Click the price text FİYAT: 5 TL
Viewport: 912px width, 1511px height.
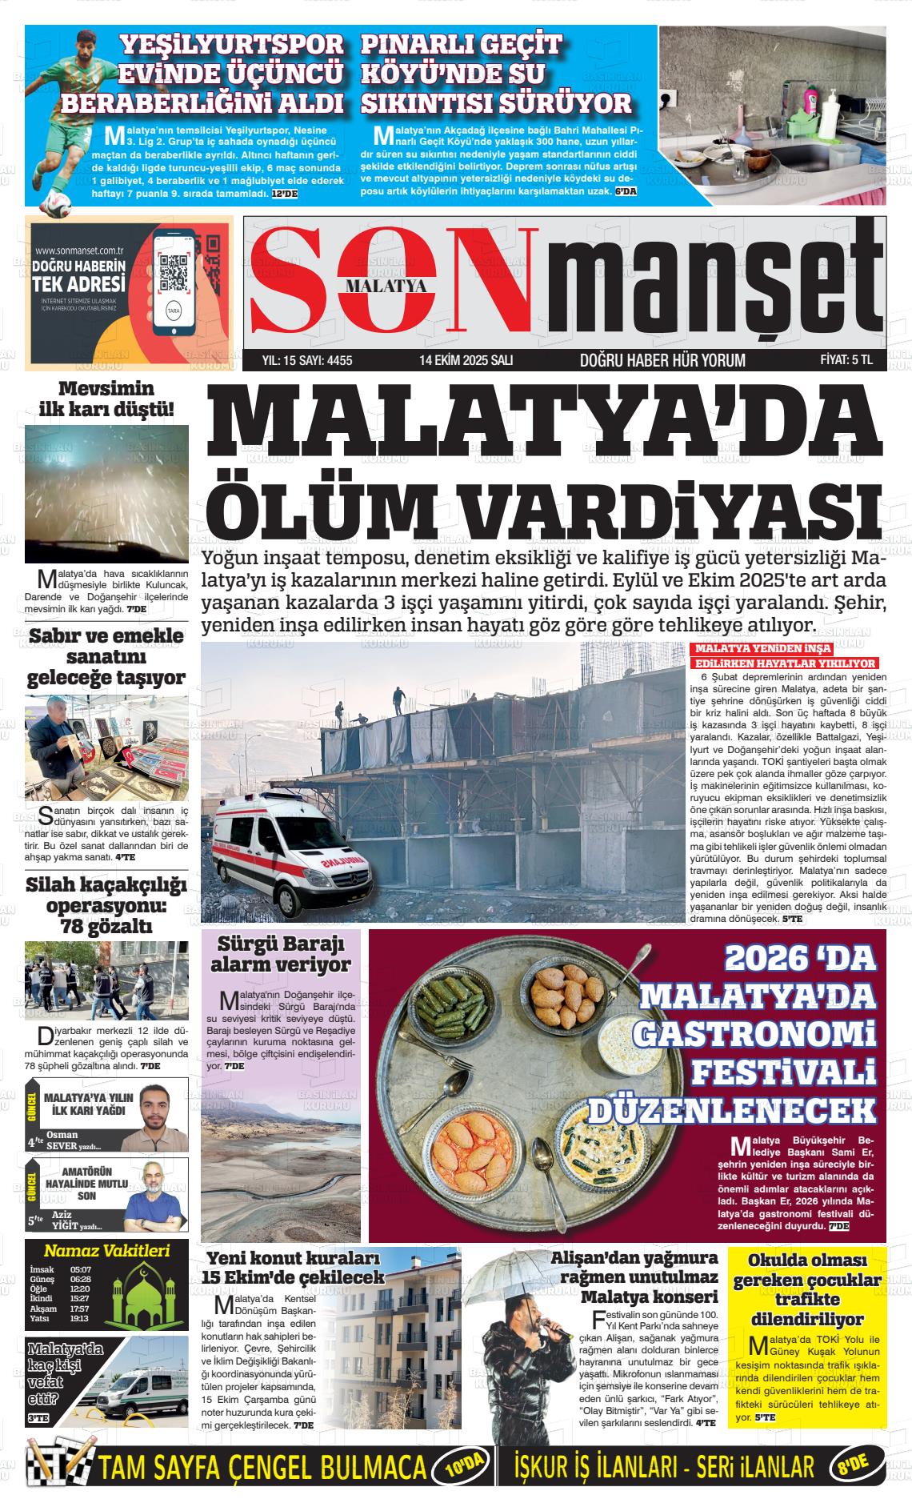click(x=846, y=360)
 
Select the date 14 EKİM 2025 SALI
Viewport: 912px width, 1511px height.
click(x=466, y=360)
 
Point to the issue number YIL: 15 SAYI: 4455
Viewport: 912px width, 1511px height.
click(x=307, y=360)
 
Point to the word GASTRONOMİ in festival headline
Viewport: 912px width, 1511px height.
click(x=752, y=1034)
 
